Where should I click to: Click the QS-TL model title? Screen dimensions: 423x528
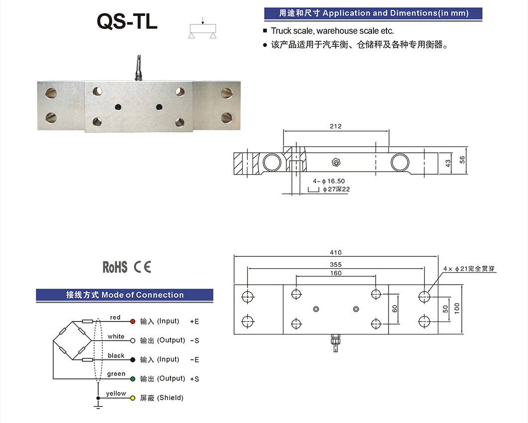(x=127, y=21)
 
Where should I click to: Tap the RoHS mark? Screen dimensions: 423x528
(x=115, y=267)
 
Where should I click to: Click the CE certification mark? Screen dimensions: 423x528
(x=142, y=267)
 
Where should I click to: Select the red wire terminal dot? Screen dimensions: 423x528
(x=132, y=321)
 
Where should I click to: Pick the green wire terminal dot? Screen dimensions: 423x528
(x=132, y=379)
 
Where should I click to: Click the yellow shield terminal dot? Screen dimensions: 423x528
(x=132, y=398)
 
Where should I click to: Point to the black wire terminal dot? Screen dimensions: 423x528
(x=132, y=359)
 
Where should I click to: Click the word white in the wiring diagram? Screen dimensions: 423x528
(x=116, y=336)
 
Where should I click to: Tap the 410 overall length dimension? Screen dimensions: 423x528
(x=336, y=253)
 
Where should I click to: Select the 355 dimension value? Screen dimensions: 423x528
(x=336, y=265)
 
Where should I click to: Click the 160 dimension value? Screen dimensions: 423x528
(x=336, y=273)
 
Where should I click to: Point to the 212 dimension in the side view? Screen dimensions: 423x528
(x=336, y=126)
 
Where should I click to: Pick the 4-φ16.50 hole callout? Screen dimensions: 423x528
(x=329, y=182)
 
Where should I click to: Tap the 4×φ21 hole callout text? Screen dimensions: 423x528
(x=469, y=269)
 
